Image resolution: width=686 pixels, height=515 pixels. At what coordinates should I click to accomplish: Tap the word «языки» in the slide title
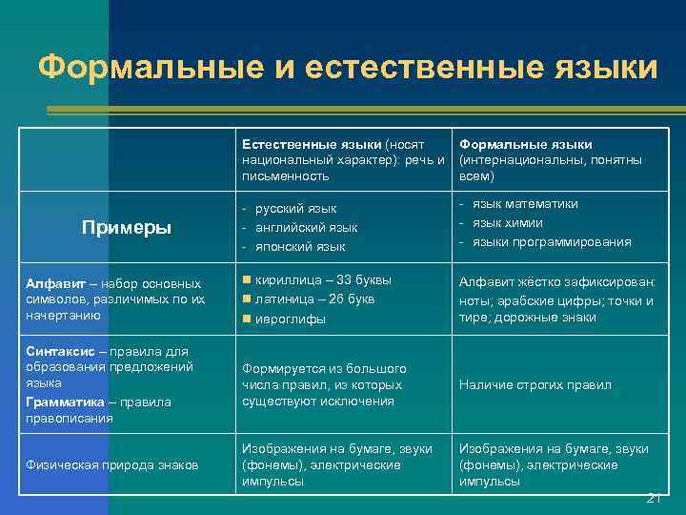599,68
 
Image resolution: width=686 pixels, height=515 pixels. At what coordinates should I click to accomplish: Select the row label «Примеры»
127,227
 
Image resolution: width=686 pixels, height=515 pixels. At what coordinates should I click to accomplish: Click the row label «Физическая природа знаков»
111,465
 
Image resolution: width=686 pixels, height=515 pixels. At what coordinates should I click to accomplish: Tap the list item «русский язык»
296,208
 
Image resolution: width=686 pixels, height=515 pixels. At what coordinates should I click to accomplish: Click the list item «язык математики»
525,203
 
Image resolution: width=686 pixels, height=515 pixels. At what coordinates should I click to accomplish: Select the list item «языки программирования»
552,241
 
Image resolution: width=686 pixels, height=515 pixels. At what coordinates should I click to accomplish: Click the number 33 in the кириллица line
347,279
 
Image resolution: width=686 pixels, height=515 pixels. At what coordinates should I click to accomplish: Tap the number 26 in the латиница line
338,299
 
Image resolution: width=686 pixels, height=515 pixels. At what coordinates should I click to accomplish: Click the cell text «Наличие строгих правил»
535,385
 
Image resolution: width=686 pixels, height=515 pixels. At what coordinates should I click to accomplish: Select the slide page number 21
654,497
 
